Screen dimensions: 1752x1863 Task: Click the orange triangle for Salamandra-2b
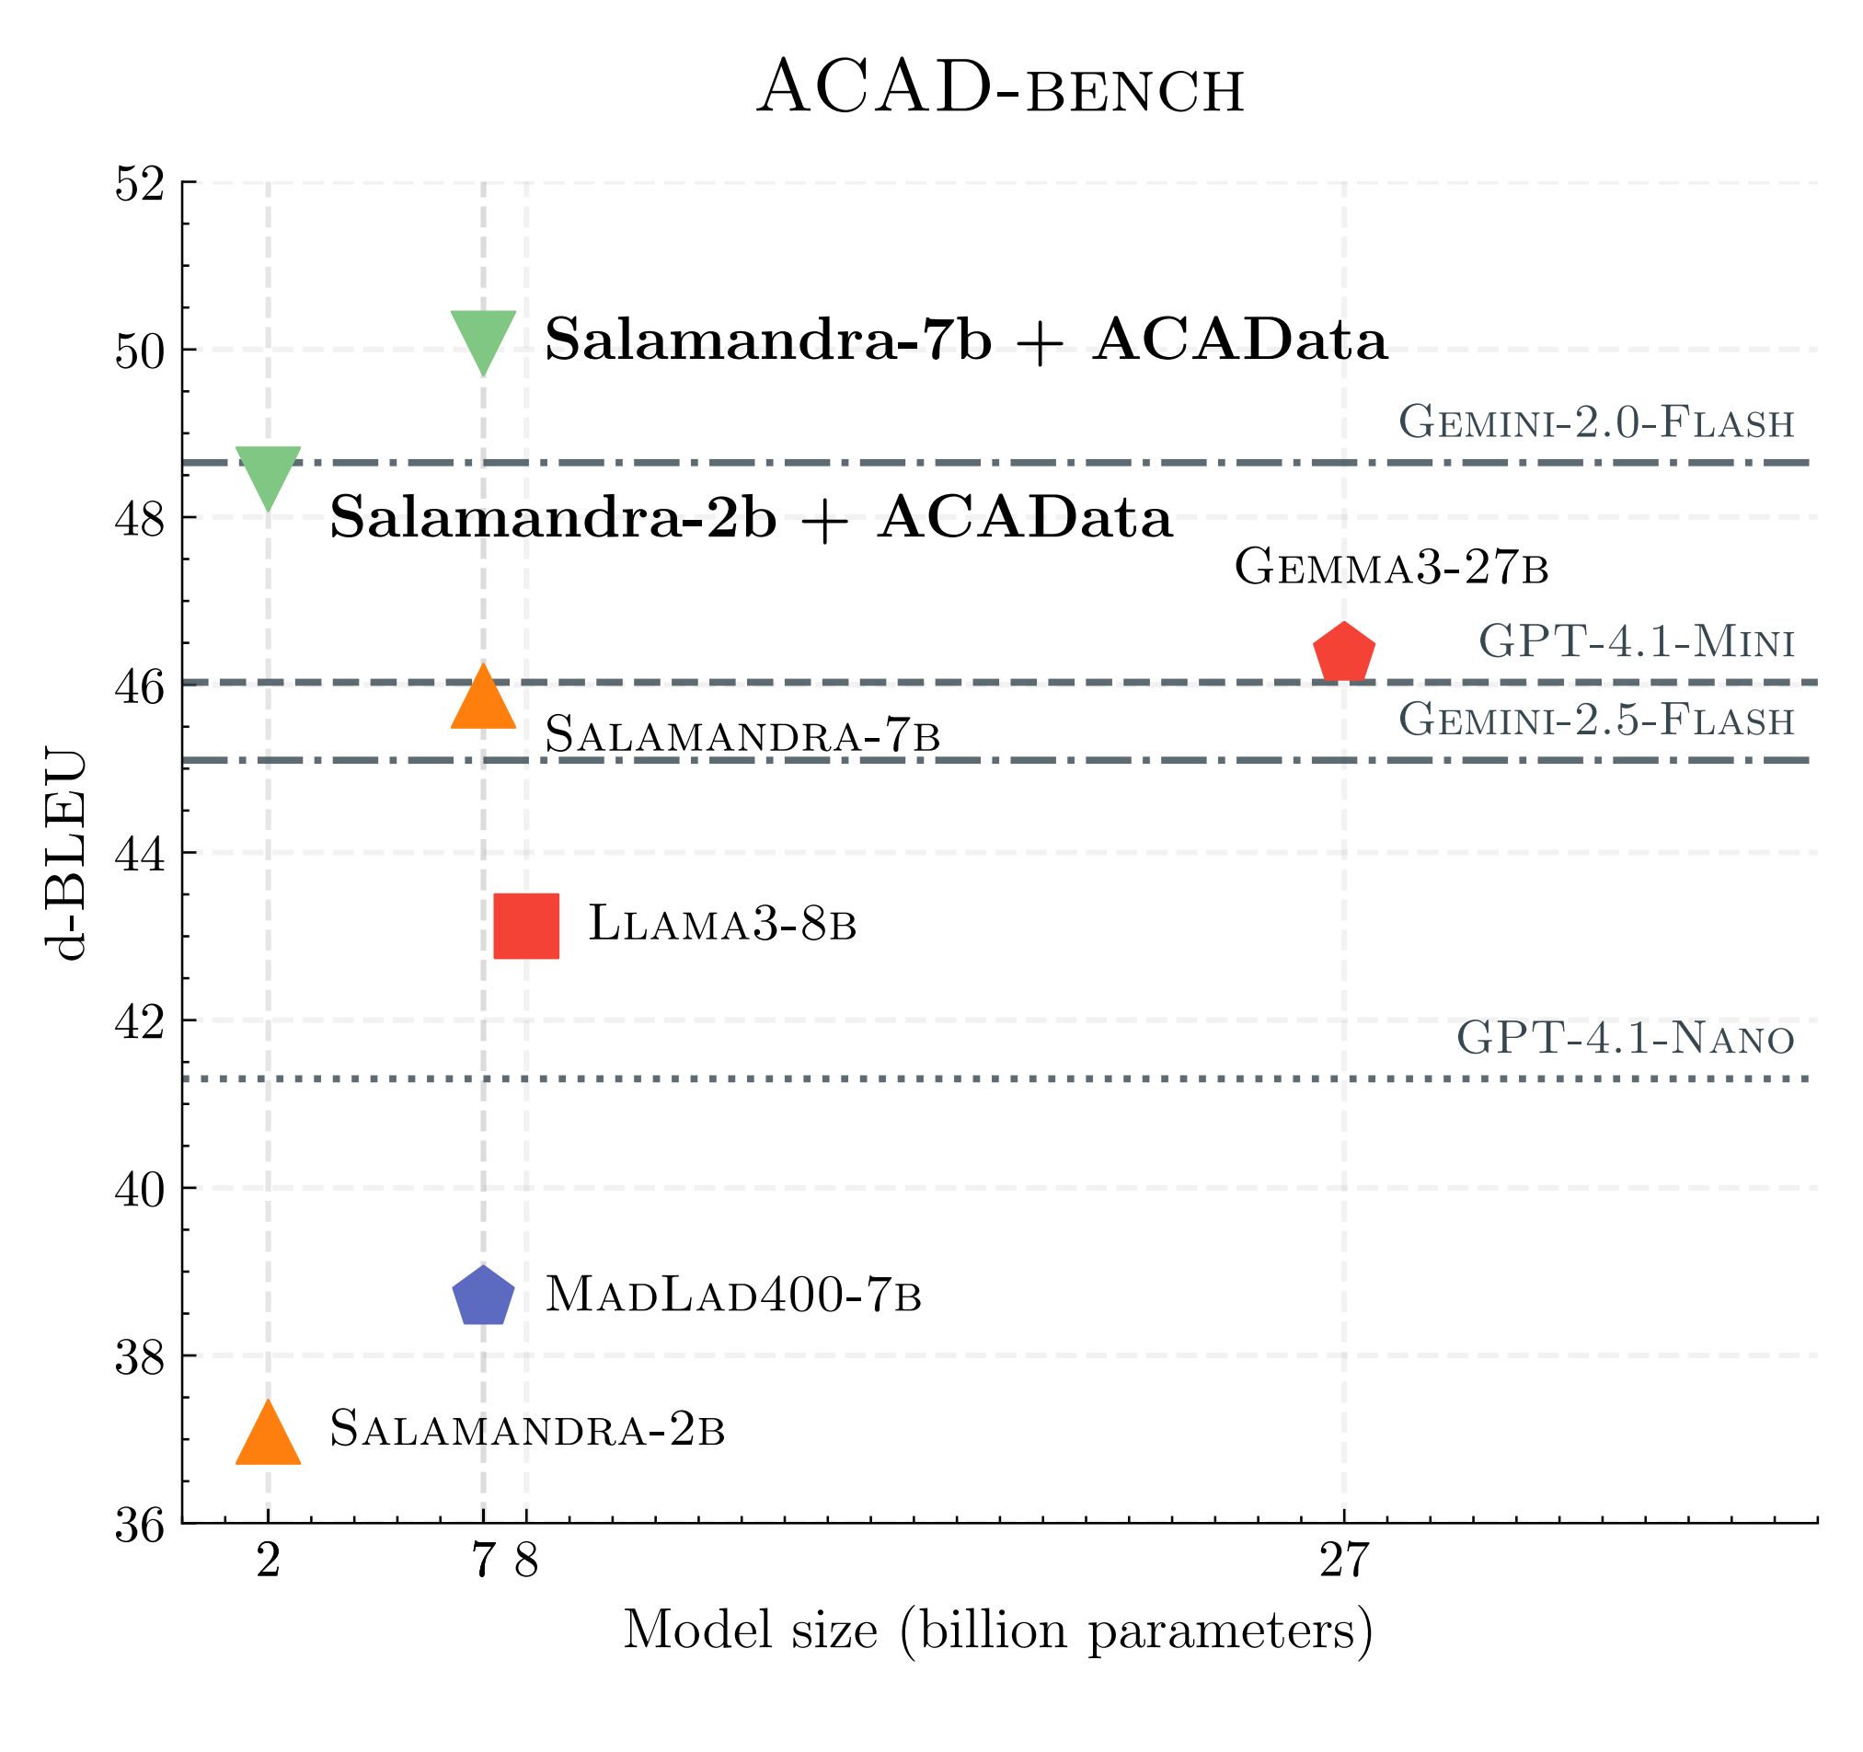pyautogui.click(x=269, y=1438)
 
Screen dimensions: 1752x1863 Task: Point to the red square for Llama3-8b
pyautogui.click(x=526, y=927)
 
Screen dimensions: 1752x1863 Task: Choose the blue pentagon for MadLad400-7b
pyautogui.click(x=484, y=1297)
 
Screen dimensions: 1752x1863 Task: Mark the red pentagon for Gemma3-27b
pyautogui.click(x=1344, y=653)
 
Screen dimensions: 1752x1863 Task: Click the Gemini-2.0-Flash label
pyautogui.click(x=1596, y=422)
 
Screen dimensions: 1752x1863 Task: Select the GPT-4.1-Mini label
pyautogui.click(x=1635, y=643)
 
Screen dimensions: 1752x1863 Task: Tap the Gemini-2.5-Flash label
pyautogui.click(x=1596, y=720)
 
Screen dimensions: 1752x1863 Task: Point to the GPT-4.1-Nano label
pyautogui.click(x=1625, y=1039)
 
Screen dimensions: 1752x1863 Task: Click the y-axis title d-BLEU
pyautogui.click(x=67, y=854)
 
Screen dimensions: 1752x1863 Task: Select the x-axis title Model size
pyautogui.click(x=998, y=1631)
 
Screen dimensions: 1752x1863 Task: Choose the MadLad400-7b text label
pyautogui.click(x=734, y=1296)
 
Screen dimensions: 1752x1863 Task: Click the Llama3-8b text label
pyautogui.click(x=722, y=924)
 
